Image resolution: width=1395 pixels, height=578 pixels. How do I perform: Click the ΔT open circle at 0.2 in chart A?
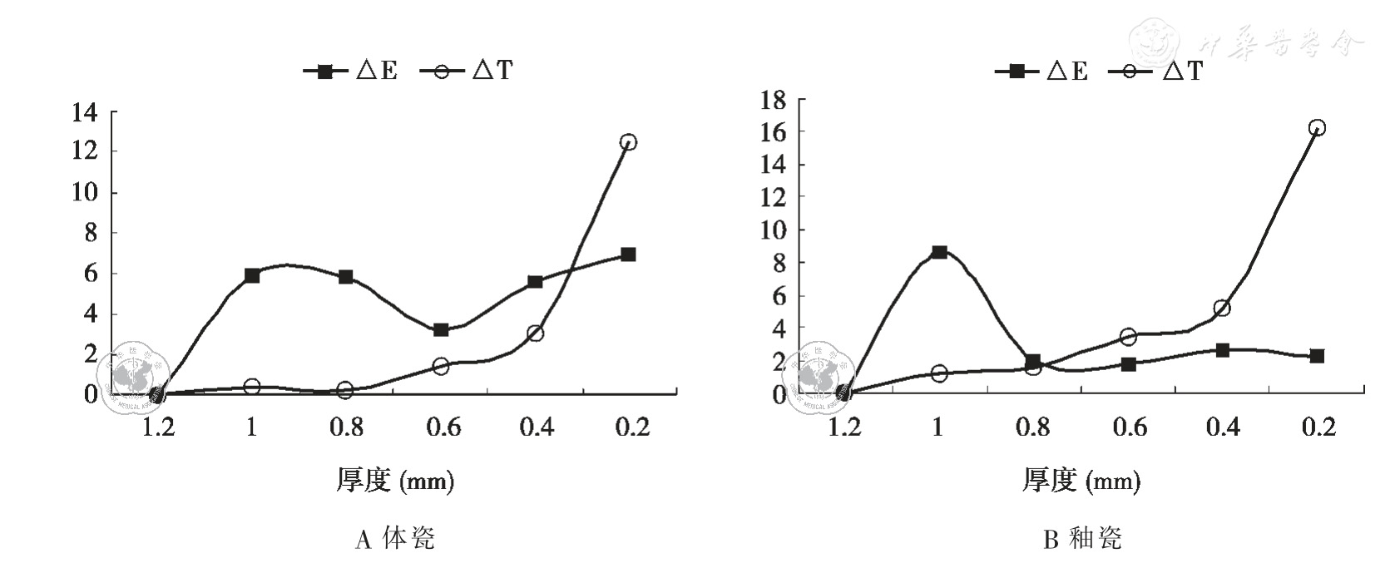coord(628,142)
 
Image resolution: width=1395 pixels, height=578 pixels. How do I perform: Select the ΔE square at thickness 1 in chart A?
coord(252,275)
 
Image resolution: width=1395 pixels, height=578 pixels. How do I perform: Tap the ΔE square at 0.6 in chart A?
coord(441,330)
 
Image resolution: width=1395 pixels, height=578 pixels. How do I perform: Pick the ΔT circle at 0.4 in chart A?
coord(535,333)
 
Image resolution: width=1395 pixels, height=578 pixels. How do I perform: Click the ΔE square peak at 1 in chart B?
coord(939,252)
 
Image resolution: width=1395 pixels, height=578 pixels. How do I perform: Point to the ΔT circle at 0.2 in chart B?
coord(1317,128)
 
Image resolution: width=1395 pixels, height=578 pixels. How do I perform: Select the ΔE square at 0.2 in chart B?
coord(1317,356)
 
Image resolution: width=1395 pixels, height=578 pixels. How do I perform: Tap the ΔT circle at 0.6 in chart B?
coord(1128,337)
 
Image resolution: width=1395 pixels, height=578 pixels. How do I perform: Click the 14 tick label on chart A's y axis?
coord(85,111)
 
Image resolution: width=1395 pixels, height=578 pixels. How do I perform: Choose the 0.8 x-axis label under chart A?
coord(346,427)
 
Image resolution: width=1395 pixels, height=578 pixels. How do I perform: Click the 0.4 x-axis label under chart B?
coord(1223,427)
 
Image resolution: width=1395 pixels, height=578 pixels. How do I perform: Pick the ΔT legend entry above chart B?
coord(1157,71)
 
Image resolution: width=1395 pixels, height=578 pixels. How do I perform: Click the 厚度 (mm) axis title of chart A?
coord(395,480)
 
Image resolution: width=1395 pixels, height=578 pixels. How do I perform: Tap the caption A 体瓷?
coord(395,539)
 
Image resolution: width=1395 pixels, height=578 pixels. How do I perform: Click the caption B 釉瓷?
coord(1082,539)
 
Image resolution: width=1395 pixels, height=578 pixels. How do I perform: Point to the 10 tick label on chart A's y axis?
coord(85,192)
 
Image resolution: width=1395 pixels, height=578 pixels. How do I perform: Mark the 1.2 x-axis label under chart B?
coord(844,427)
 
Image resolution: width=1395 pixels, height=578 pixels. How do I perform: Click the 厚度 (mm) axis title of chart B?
coord(1081,480)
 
